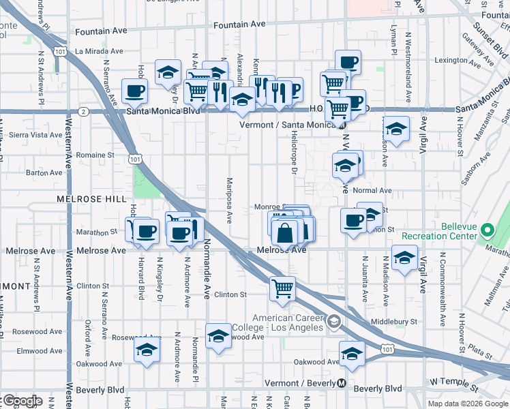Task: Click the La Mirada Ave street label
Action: point(99,50)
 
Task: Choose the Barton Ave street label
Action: point(44,173)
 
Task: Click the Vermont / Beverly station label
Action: point(300,383)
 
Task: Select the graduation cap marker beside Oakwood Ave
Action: point(351,354)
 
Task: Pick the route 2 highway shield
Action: point(83,110)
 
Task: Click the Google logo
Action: point(22,401)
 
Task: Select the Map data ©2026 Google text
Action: point(468,404)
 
